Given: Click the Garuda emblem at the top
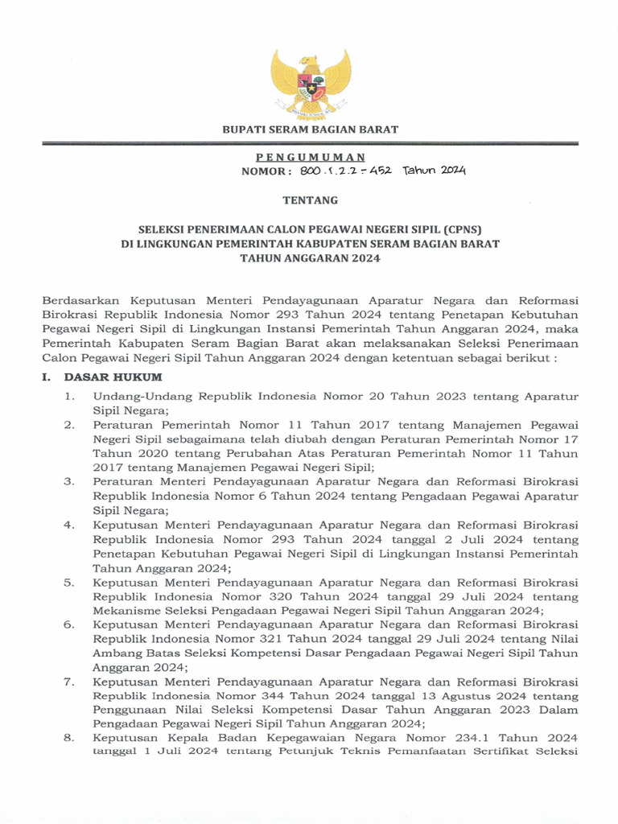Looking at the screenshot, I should coord(311,83).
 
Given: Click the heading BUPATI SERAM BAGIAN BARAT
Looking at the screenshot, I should coord(311,130).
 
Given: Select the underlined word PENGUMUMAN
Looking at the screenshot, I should coord(310,157).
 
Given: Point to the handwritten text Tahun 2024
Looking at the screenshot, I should coord(435,171).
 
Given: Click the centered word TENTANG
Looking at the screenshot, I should coord(310,200).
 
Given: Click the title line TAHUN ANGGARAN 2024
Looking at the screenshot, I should coord(310,258).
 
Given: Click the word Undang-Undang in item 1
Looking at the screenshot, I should coord(134,396).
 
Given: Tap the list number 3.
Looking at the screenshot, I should coord(70,482).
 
